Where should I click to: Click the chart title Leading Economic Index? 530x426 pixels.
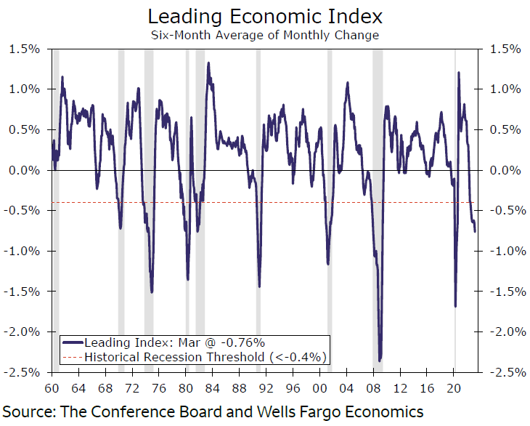[x=264, y=16]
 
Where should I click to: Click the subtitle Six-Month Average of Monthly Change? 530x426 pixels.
[x=264, y=35]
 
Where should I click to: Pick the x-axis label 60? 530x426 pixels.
[x=53, y=387]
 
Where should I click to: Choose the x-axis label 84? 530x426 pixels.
[x=212, y=387]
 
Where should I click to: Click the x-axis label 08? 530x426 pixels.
[x=373, y=387]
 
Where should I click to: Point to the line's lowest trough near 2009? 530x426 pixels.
[x=380, y=360]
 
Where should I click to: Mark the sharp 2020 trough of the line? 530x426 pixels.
[x=455, y=306]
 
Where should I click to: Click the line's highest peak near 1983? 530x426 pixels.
[x=208, y=63]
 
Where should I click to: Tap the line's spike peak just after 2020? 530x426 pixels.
[x=458, y=72]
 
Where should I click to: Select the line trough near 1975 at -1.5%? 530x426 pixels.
[x=152, y=292]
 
